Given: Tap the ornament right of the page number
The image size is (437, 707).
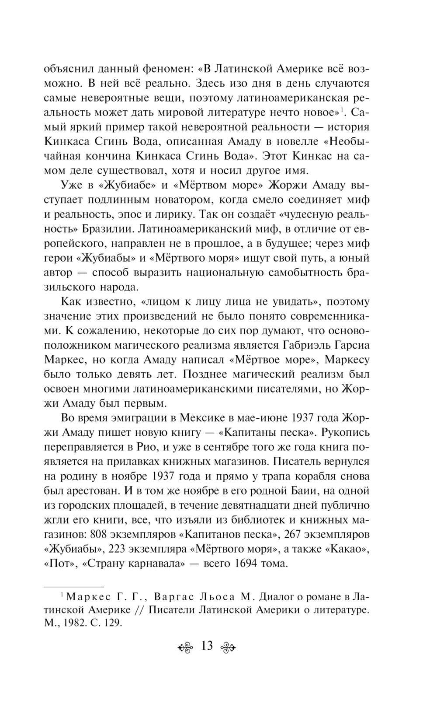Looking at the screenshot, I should pos(229,647).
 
